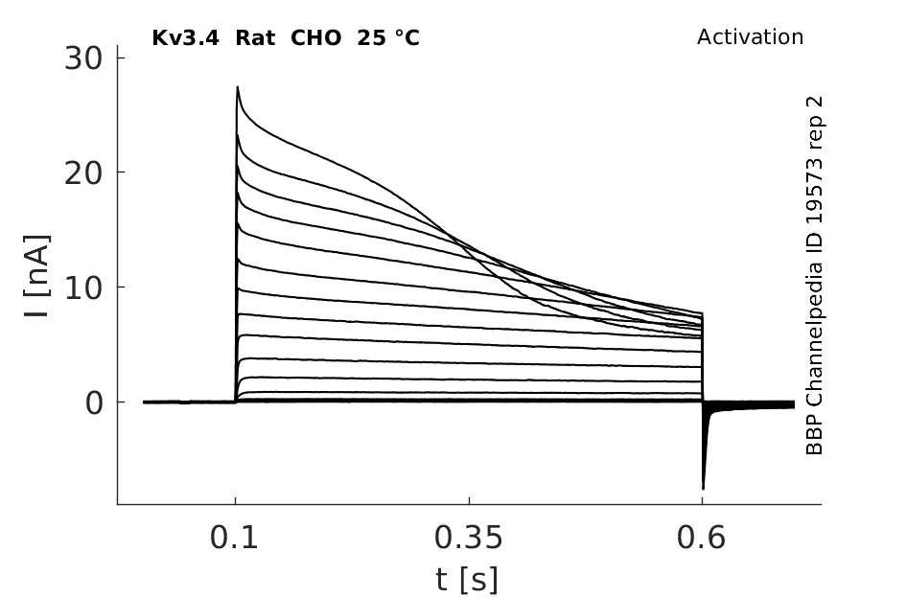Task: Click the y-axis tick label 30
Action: tap(83, 58)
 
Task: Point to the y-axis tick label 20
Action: tap(83, 172)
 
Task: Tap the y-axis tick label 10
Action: tap(83, 287)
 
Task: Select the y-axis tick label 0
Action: tap(94, 402)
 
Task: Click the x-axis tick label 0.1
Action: tap(234, 538)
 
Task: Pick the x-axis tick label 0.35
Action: tap(469, 538)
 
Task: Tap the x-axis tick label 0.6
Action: tap(701, 538)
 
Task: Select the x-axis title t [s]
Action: tap(466, 580)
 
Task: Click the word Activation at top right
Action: tap(750, 37)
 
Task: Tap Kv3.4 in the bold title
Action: tap(185, 38)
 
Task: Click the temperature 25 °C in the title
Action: tap(388, 38)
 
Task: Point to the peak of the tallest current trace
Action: tap(238, 86)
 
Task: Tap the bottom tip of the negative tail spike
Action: tap(703, 489)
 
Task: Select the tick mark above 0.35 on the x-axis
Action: tap(469, 500)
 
